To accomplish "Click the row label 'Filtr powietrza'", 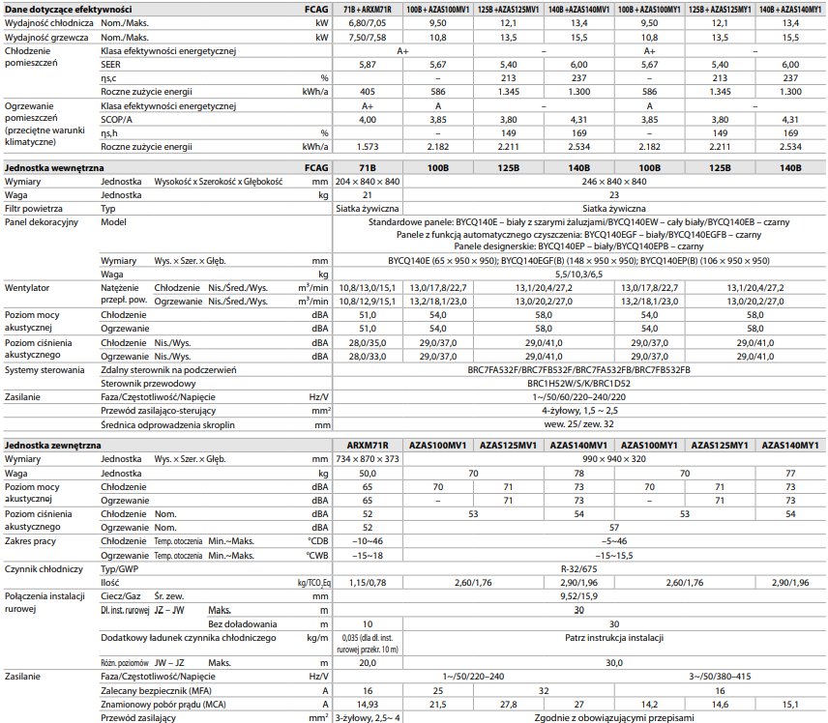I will point(34,208).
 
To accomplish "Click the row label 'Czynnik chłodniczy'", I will point(44,570).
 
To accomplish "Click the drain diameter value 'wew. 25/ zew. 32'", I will point(580,424).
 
